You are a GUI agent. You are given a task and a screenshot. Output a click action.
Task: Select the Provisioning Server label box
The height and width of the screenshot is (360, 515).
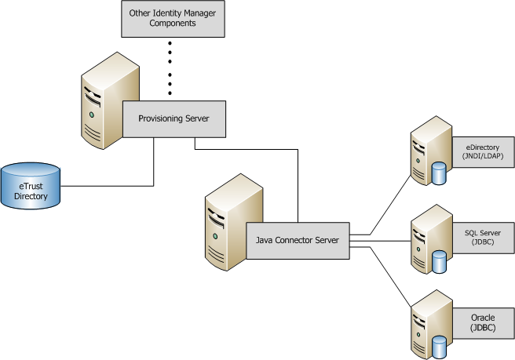[x=172, y=118]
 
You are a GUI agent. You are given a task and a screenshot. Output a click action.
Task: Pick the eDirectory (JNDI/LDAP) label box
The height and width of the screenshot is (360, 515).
[x=483, y=151]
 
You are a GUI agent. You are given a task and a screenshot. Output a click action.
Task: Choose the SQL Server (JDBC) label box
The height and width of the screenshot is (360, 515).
[x=483, y=237]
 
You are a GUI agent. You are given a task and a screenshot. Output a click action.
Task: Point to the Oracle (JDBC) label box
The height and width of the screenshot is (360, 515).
[x=483, y=322]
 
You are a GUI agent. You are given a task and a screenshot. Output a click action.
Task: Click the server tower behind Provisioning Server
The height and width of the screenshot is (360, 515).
[x=98, y=98]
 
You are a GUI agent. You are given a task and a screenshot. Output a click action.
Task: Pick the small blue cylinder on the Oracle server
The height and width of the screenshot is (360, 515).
[x=439, y=346]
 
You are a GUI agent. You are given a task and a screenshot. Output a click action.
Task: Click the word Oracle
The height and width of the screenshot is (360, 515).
[x=483, y=318]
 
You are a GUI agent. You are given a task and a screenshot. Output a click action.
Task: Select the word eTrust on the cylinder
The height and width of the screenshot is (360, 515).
[x=31, y=187]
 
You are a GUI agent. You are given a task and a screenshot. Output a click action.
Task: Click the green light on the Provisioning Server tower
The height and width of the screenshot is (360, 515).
[x=93, y=115]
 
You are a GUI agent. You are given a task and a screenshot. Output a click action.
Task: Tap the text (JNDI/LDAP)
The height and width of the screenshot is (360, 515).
[x=483, y=155]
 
